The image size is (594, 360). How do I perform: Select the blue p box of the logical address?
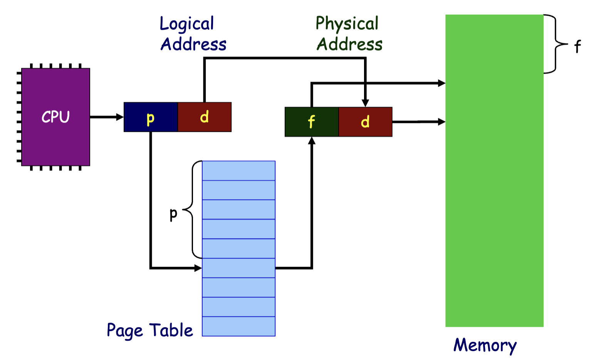[x=151, y=117]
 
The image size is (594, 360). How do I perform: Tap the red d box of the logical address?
[x=205, y=117]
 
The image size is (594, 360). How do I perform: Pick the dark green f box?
[x=312, y=122]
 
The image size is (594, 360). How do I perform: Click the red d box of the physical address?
[x=366, y=122]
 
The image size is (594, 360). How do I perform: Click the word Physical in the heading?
[x=347, y=24]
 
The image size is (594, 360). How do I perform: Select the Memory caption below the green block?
[x=485, y=346]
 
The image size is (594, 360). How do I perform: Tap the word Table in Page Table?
[x=171, y=330]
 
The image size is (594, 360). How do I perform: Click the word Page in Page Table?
[x=125, y=331]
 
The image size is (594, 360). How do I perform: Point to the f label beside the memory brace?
[x=577, y=46]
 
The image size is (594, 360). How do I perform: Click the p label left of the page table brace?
[x=173, y=214]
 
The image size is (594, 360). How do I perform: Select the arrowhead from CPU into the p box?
[x=120, y=117]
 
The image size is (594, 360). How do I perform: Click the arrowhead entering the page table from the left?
[x=198, y=268]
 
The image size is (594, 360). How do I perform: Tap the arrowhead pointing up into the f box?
[x=312, y=141]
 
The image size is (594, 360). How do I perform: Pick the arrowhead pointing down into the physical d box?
[x=366, y=103]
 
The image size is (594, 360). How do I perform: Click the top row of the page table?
[x=239, y=171]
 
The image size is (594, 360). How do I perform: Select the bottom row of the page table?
[x=239, y=326]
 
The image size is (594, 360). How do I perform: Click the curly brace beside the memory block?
[x=555, y=44]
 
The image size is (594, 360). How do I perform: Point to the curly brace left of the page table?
[x=192, y=210]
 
